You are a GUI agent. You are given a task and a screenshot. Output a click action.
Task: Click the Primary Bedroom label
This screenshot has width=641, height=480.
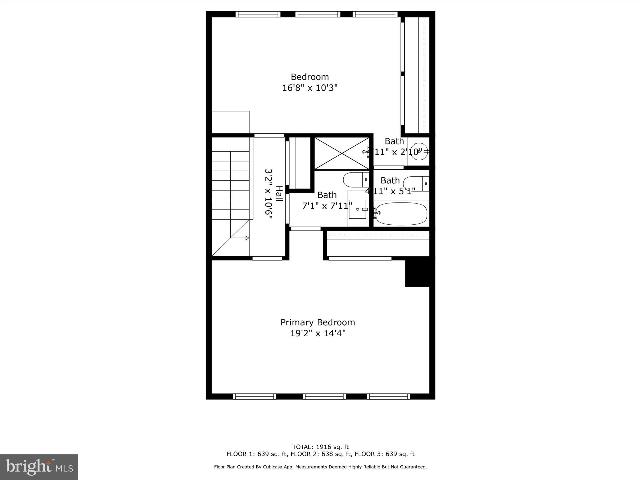(317, 322)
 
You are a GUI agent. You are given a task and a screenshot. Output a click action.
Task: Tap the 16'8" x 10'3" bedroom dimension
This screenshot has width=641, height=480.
(310, 88)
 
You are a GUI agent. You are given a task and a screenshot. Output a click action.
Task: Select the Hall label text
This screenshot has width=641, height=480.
(279, 194)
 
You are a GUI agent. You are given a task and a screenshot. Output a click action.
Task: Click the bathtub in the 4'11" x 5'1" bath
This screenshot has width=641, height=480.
(401, 214)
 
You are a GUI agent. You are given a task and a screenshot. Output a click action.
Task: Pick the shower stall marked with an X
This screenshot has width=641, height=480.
(342, 153)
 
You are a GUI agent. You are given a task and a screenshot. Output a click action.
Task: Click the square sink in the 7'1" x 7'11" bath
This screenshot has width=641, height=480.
(357, 209)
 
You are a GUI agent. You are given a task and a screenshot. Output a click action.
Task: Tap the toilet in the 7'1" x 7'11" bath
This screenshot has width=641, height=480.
(356, 180)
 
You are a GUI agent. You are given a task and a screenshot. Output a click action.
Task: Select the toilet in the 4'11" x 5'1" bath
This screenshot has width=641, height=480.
(416, 183)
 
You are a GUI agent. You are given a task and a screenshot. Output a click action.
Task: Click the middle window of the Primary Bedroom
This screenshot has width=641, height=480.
(325, 397)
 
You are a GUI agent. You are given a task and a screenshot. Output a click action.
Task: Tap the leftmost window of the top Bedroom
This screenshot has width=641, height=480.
(258, 14)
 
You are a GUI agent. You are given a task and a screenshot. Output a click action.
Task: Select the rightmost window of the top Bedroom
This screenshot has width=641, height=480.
(375, 14)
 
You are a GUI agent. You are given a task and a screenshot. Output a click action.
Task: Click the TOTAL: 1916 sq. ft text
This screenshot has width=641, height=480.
(320, 447)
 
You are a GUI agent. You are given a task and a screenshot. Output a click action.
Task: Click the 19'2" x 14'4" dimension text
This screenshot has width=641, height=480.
(317, 333)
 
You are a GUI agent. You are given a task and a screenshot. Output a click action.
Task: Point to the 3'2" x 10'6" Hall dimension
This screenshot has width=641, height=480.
(268, 194)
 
